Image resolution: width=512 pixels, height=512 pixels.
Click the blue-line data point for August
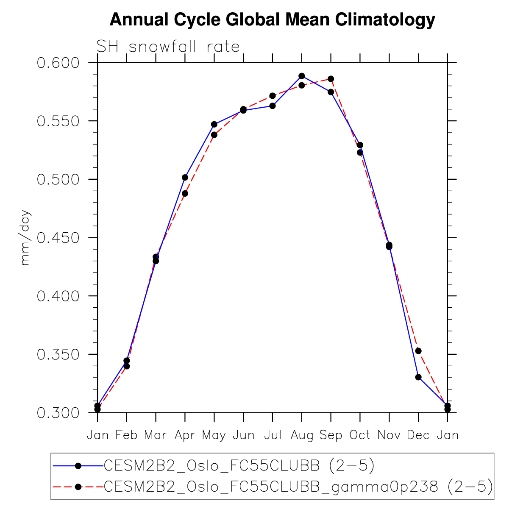coord(302,76)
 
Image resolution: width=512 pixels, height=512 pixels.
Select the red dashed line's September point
coord(331,79)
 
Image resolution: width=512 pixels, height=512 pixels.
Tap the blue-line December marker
coord(418,377)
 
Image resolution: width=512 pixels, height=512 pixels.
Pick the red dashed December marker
coord(418,351)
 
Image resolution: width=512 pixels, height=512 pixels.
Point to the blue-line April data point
coord(185,177)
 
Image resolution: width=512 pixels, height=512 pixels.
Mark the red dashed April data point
coord(185,193)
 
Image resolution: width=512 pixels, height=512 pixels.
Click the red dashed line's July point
coord(273,96)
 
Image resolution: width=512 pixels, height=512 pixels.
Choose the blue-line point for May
coord(214,124)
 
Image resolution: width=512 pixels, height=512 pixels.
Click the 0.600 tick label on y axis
coord(58,63)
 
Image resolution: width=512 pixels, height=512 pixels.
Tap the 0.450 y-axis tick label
coord(58,238)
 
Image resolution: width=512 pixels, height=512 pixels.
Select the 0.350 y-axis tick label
coord(58,355)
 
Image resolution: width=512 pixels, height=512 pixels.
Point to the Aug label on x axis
coord(302,435)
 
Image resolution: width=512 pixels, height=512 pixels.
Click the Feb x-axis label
coord(126,435)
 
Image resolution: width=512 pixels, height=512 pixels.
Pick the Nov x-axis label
coord(389,435)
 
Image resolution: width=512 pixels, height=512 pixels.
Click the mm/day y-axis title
coord(25,238)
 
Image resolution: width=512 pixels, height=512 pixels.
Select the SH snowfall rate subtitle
coord(168,47)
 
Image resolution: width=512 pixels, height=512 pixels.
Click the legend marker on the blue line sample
coord(78,466)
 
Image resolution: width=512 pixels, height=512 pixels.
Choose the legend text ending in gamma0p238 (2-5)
coord(298,487)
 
